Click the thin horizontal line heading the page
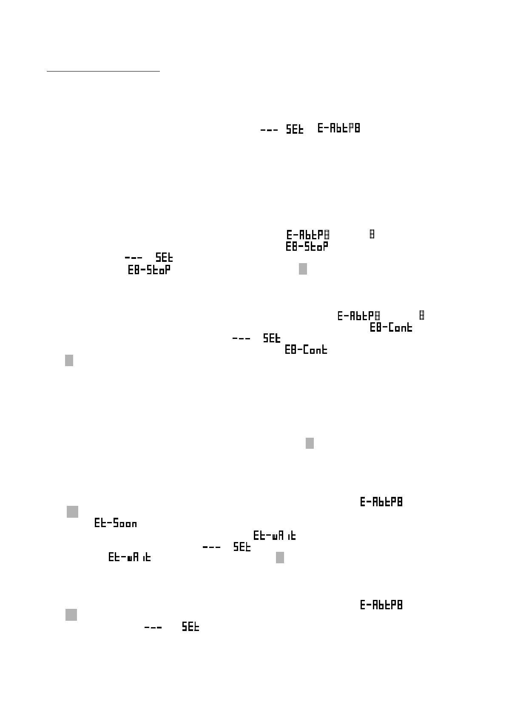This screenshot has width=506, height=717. (x=103, y=72)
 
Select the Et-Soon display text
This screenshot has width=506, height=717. (x=116, y=523)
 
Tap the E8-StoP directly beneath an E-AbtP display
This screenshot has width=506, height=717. (x=307, y=247)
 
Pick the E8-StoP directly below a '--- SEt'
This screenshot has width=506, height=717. (x=149, y=270)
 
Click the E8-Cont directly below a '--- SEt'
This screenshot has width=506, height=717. (x=306, y=350)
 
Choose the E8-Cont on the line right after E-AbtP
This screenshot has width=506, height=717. (x=391, y=327)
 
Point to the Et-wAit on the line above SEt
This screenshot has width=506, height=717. (x=275, y=535)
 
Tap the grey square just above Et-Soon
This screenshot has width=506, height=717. (x=72, y=511)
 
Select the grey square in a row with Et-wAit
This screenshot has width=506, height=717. (x=280, y=557)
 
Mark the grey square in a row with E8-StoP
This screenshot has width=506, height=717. (x=303, y=269)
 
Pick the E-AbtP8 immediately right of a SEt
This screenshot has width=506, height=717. (x=339, y=128)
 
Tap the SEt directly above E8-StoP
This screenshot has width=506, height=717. (x=165, y=258)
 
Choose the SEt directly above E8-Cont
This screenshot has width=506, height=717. (x=272, y=338)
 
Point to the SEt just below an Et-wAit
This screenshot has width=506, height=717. (x=242, y=547)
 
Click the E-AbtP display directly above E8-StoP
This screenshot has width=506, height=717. (x=308, y=235)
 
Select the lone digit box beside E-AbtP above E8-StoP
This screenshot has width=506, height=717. (x=372, y=235)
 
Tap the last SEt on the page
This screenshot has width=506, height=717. (x=190, y=627)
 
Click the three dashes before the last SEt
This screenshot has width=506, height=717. (x=153, y=628)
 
